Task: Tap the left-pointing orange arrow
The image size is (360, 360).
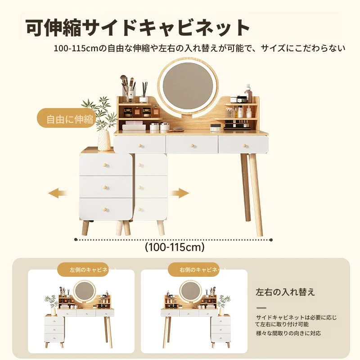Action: click(58, 193)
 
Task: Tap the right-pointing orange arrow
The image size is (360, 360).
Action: click(179, 193)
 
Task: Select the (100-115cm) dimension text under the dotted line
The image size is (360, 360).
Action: click(175, 247)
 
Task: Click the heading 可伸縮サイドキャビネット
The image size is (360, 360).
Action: click(138, 28)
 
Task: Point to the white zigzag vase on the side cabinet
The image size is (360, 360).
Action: click(104, 140)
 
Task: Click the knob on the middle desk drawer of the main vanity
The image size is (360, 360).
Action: click(192, 145)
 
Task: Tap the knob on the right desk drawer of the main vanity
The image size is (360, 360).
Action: click(244, 145)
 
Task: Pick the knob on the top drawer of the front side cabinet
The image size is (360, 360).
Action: click(105, 165)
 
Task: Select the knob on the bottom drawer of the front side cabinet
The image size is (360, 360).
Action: click(105, 209)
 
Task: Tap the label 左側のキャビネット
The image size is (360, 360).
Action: click(93, 270)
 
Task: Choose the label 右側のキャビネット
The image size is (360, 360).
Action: click(203, 270)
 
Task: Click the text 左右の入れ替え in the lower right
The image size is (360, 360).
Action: click(285, 292)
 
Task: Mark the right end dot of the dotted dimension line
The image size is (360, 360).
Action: click(271, 240)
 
